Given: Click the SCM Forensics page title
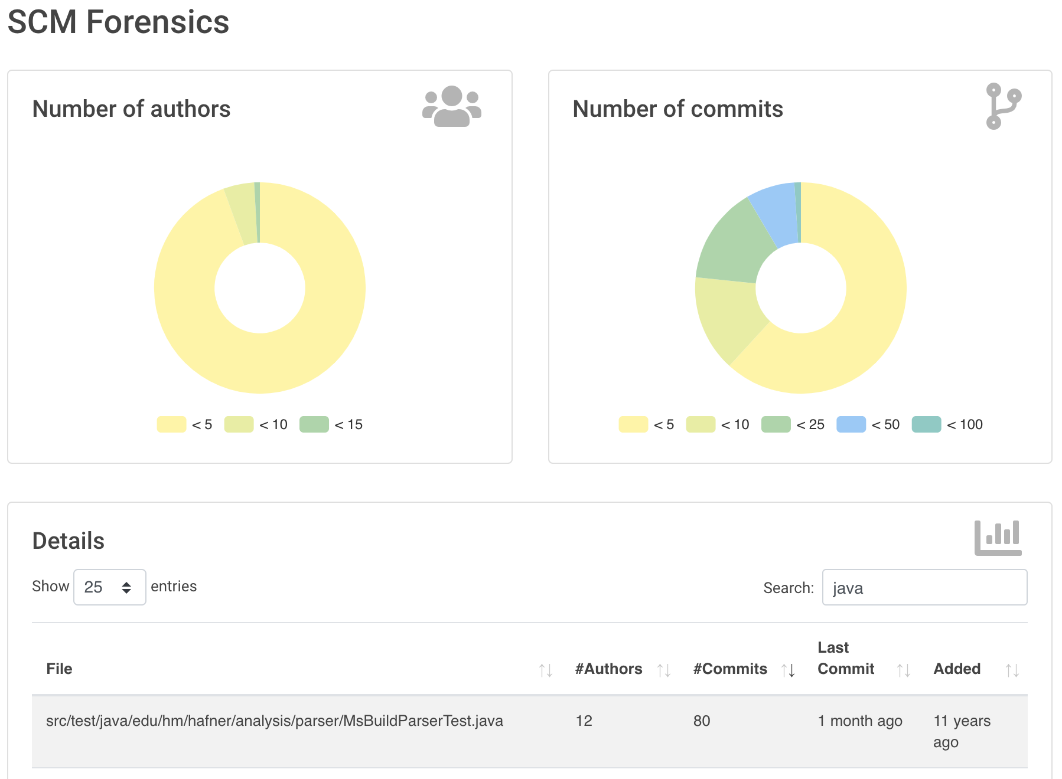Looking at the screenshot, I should pos(118,22).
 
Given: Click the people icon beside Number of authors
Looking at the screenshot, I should pos(452,106).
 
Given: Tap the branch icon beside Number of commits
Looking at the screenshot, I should pos(1003,106).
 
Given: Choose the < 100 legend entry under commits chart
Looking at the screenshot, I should pos(947,424).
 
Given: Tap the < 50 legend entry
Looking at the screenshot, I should pos(868,424).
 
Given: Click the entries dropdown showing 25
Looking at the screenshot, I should pos(110,587).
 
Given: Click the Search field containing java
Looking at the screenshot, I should pos(924,587).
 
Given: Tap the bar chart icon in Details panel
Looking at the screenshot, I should pos(998,538).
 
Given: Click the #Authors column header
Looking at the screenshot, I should pos(608,669).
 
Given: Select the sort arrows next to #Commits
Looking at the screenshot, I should pos(789,670).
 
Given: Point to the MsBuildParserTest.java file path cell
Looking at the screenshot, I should pos(275,721).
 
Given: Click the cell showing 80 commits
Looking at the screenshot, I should pos(702,721).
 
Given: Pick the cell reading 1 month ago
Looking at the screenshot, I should pos(860,721).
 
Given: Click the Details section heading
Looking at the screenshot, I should pos(69,541).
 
